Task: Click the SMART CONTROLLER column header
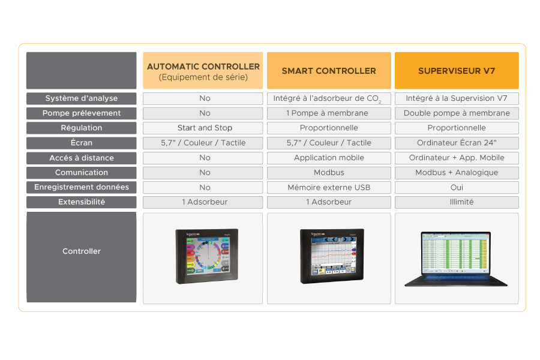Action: pyautogui.click(x=329, y=71)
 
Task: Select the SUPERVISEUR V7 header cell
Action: pyautogui.click(x=457, y=71)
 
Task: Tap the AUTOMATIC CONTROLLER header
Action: pyautogui.click(x=203, y=71)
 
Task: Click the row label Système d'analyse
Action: pyautogui.click(x=82, y=98)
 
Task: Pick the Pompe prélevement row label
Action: pyautogui.click(x=82, y=113)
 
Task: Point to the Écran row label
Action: pyautogui.click(x=82, y=143)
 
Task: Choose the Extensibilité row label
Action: pyautogui.click(x=82, y=202)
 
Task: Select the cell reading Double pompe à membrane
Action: pyautogui.click(x=457, y=113)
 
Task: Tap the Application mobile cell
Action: pyautogui.click(x=329, y=158)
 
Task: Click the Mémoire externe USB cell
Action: pyautogui.click(x=329, y=187)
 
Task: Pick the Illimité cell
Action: pyautogui.click(x=457, y=202)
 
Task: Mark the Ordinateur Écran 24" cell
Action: pyautogui.click(x=457, y=143)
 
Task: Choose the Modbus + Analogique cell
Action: pyautogui.click(x=457, y=173)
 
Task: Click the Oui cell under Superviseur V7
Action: pyautogui.click(x=457, y=187)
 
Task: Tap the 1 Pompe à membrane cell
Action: pyautogui.click(x=329, y=113)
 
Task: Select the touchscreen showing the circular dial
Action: pyautogui.click(x=206, y=256)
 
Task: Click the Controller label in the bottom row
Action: pyautogui.click(x=82, y=251)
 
